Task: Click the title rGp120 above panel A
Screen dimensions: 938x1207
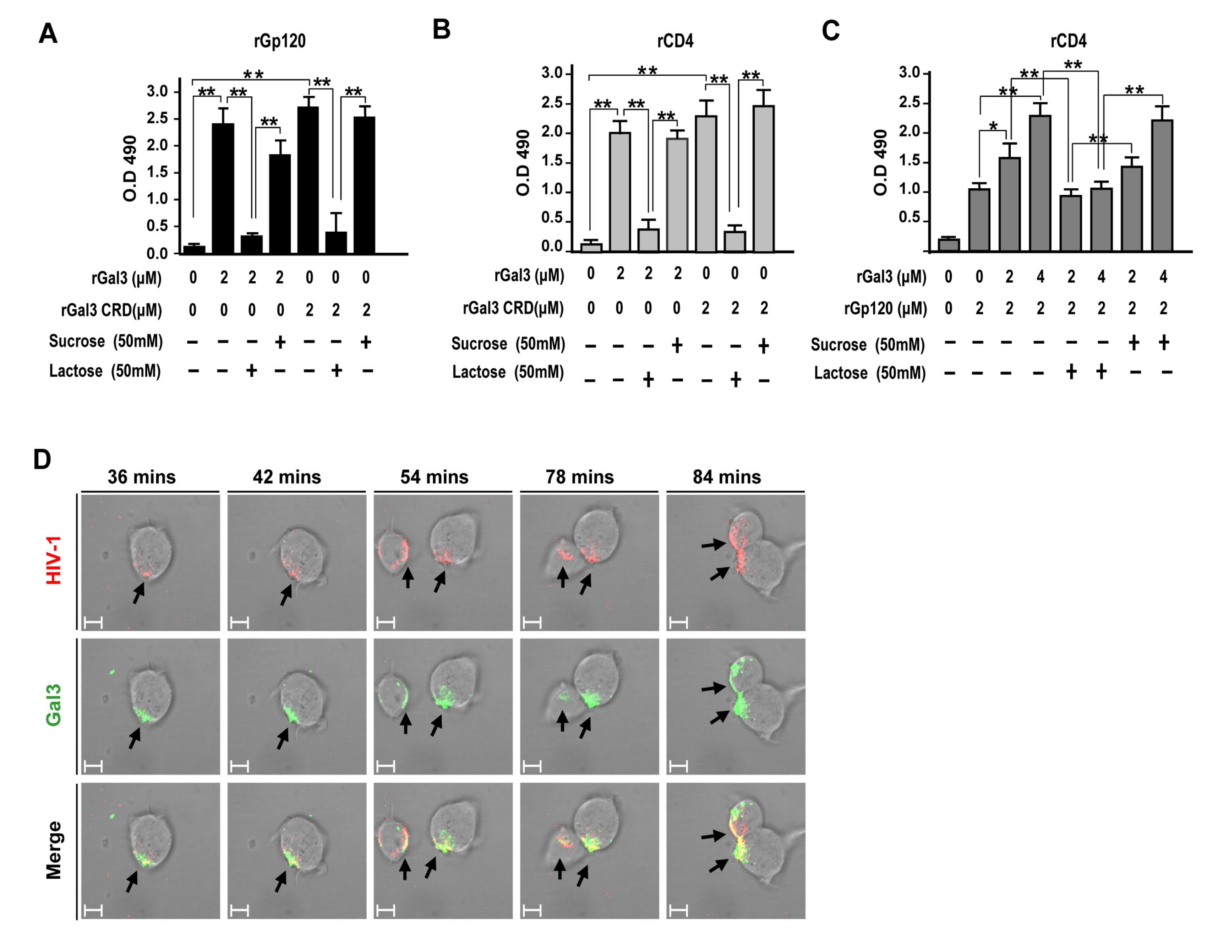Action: [x=280, y=41]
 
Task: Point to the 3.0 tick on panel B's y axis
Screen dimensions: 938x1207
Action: [x=552, y=72]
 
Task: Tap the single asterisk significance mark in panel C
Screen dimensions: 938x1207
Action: [x=993, y=126]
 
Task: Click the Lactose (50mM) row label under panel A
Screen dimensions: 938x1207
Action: [x=105, y=371]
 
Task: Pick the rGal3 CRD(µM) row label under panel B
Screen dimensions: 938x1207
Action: [x=513, y=308]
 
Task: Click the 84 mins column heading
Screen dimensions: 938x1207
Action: [x=727, y=477]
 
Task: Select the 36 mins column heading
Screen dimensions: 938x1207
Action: [x=142, y=477]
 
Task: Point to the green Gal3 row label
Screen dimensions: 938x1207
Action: [x=54, y=705]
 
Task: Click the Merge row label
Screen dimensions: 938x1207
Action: [x=54, y=850]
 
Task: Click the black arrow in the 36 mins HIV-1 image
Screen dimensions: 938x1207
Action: [x=138, y=593]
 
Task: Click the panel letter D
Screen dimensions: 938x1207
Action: [x=42, y=459]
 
